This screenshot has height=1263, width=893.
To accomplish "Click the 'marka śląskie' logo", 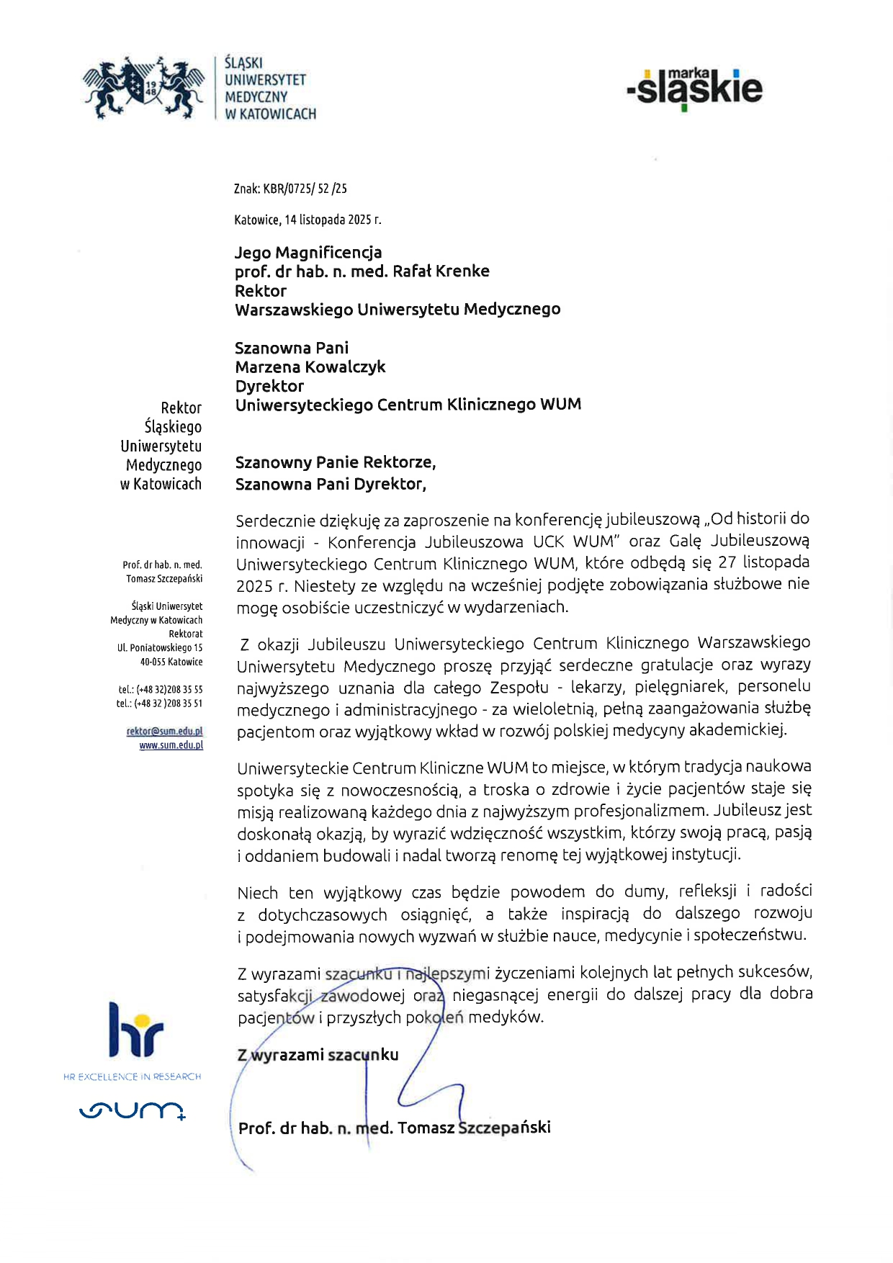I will tap(695, 89).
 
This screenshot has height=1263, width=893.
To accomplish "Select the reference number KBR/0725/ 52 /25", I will tap(305, 189).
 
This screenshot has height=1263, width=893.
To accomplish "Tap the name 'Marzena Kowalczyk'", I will tap(310, 367).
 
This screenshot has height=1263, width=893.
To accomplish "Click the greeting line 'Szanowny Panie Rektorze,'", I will tap(336, 462).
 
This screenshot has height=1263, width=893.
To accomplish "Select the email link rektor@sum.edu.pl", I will tap(165, 731).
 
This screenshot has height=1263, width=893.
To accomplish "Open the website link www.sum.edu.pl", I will tap(171, 745).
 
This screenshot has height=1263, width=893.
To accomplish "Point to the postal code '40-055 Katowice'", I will tap(171, 662).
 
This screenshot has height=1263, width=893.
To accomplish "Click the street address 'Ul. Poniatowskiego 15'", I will tap(160, 648).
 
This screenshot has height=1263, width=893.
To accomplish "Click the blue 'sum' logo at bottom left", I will tap(133, 1110).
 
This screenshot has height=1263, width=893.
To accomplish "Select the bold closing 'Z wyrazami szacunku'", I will tap(318, 1055).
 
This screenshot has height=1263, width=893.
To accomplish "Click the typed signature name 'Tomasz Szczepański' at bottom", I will tap(474, 1128).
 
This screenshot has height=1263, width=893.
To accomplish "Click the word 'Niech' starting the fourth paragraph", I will tap(257, 893).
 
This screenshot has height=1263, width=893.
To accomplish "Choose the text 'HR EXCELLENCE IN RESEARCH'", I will tap(133, 1077).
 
